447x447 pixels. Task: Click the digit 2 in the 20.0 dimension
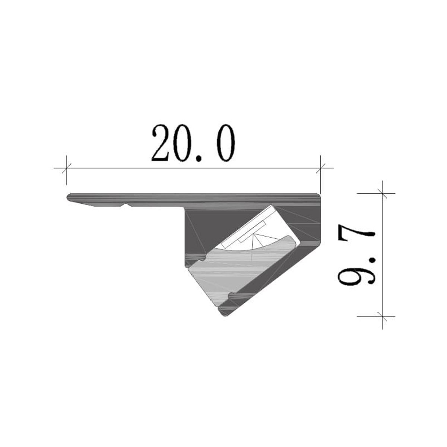pyautogui.click(x=163, y=144)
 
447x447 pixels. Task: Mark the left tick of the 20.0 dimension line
pyautogui.click(x=66, y=168)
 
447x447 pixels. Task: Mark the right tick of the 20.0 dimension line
pyautogui.click(x=320, y=168)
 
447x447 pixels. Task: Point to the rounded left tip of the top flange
pyautogui.click(x=69, y=197)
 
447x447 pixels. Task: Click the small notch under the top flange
pyautogui.click(x=126, y=205)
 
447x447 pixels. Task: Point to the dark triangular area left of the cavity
pyautogui.click(x=209, y=231)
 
